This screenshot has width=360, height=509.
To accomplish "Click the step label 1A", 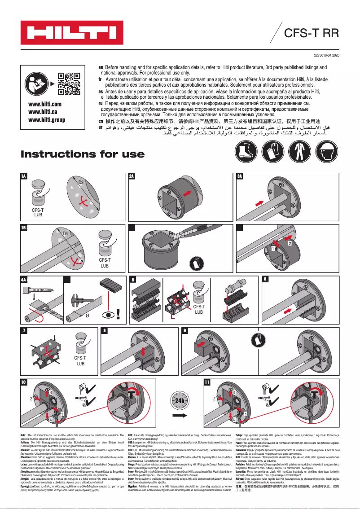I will (24, 176).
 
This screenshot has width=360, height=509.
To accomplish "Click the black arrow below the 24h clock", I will (180, 416).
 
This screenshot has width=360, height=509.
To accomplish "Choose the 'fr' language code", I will (101, 78).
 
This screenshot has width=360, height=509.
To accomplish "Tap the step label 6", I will (265, 279).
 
